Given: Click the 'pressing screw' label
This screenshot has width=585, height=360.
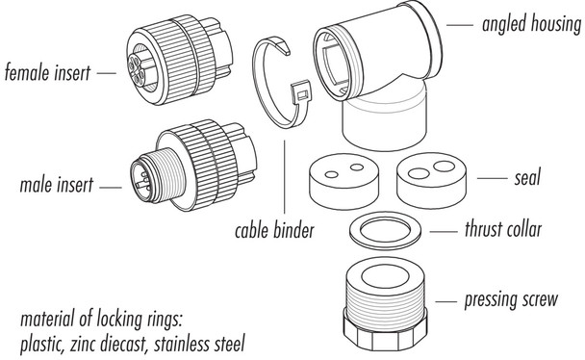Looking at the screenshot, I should point(510,299).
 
